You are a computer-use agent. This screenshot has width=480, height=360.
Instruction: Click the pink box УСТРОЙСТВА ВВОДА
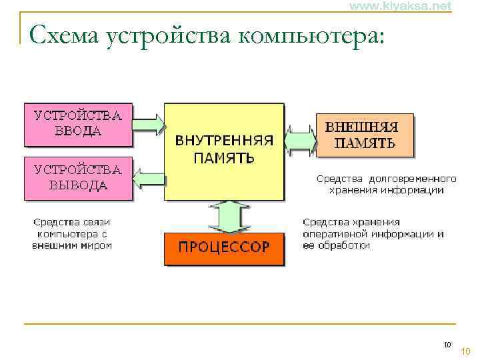tap(78, 123)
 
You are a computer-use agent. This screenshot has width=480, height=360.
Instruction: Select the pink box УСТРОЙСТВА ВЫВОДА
tap(78, 177)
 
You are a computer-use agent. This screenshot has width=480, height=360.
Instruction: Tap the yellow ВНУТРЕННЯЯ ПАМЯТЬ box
tap(224, 151)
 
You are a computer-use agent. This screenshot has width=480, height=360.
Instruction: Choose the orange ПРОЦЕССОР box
tap(224, 247)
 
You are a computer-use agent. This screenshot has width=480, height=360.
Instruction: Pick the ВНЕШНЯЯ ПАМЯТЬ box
tap(364, 135)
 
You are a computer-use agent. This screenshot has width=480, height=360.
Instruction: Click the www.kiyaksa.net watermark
tap(401, 6)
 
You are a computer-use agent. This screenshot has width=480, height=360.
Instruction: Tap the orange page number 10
tap(466, 351)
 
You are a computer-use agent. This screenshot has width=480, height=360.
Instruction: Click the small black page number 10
tap(447, 345)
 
